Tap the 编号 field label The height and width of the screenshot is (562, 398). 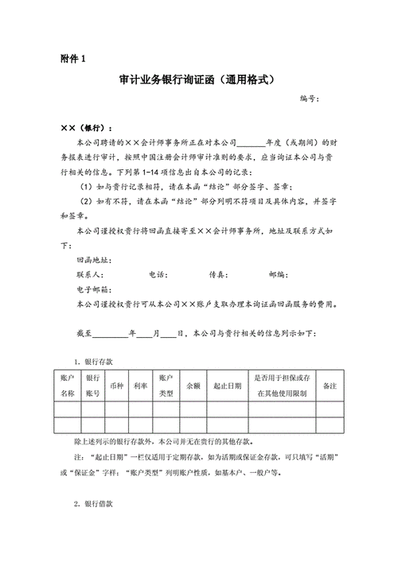click(309, 99)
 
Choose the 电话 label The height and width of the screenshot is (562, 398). click(158, 274)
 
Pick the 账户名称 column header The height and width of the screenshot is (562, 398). click(68, 386)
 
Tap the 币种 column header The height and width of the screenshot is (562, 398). click(117, 386)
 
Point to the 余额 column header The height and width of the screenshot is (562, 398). click(193, 386)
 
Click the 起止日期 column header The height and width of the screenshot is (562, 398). click(227, 386)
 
